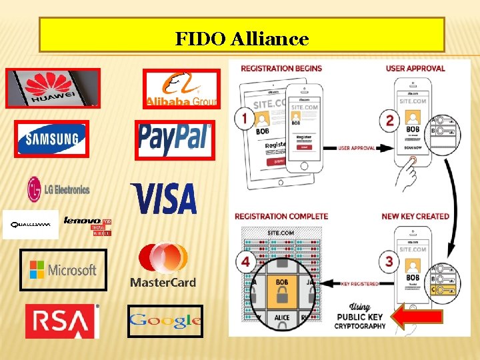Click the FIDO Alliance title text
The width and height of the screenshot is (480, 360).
click(x=242, y=39)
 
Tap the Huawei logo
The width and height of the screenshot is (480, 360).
click(x=53, y=88)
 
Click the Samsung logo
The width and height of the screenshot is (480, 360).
click(x=52, y=139)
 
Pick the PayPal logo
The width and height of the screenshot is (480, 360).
click(x=175, y=139)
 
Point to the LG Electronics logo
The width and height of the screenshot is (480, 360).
click(x=58, y=189)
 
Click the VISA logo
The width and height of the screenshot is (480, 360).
click(x=165, y=198)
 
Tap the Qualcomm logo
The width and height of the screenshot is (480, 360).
click(x=31, y=225)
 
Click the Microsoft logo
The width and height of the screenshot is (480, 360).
click(x=63, y=270)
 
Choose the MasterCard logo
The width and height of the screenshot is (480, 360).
click(x=163, y=265)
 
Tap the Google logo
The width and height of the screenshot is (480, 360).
click(x=165, y=321)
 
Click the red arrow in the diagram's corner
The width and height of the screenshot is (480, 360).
click(x=416, y=317)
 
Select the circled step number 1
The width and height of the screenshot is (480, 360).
click(x=245, y=119)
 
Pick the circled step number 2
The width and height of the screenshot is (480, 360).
click(x=389, y=120)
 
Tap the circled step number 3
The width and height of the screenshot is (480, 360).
click(x=389, y=261)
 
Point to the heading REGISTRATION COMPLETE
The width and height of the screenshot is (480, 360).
click(x=281, y=216)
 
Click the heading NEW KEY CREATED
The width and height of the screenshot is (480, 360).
click(x=415, y=216)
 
